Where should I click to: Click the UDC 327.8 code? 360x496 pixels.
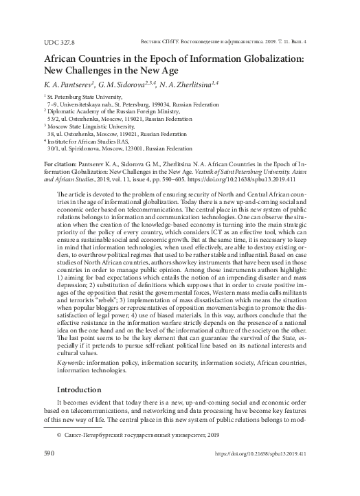58,43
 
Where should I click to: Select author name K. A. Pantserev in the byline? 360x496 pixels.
78,84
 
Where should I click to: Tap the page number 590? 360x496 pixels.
49,473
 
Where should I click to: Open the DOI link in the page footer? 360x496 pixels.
261,473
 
